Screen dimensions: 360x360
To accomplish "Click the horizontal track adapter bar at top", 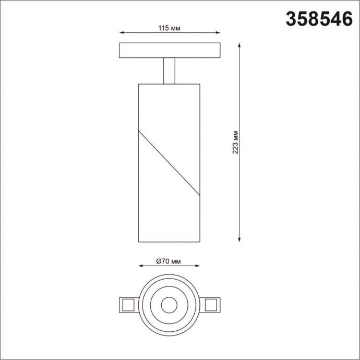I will [x=170, y=50].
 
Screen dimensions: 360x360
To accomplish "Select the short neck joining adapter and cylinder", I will [x=170, y=70].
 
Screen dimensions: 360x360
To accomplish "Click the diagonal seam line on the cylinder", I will [x=169, y=162].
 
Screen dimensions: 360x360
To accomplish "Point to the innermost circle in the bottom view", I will [x=169, y=305].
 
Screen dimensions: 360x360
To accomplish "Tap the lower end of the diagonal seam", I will [x=199, y=195].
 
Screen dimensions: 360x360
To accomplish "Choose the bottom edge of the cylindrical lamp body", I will [x=169, y=242].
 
